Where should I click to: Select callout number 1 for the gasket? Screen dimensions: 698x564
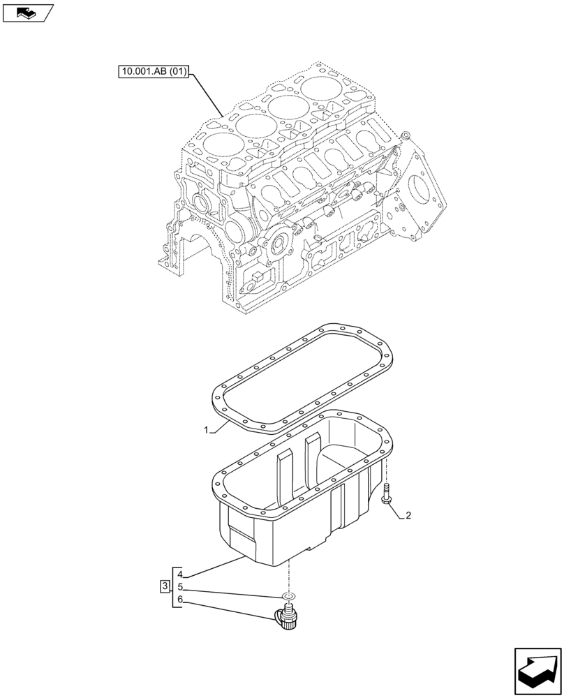207,431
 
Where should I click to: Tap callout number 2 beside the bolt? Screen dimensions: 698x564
408,517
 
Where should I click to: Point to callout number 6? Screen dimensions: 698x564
179,599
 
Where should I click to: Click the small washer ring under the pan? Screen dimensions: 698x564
288,596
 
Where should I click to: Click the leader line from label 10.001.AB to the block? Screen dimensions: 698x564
207,94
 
